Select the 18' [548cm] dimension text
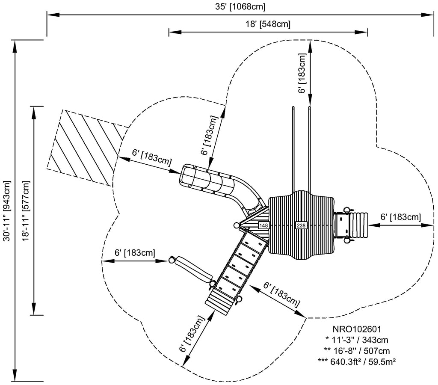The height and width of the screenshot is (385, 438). pyautogui.click(x=268, y=24)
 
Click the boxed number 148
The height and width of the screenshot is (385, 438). pyautogui.click(x=263, y=225)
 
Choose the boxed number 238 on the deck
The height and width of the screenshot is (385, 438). pyautogui.click(x=301, y=225)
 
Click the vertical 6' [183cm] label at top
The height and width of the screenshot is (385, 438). pyautogui.click(x=302, y=73)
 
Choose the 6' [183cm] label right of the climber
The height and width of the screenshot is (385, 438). pyautogui.click(x=400, y=217)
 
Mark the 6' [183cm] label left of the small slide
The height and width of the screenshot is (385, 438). pyautogui.click(x=135, y=253)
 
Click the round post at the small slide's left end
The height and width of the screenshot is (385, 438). pyautogui.click(x=172, y=260)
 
